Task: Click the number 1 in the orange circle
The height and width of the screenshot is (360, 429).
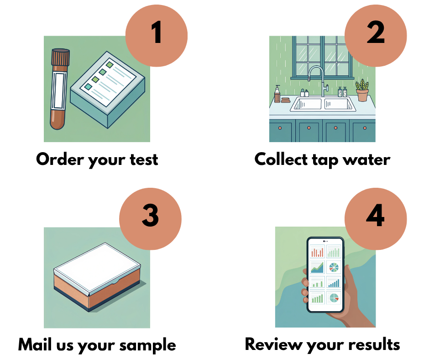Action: click(x=157, y=32)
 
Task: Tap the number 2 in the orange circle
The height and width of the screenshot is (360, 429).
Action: click(x=376, y=32)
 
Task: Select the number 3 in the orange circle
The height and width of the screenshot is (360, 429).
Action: click(x=150, y=215)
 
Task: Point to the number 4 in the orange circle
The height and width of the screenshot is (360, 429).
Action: click(x=375, y=215)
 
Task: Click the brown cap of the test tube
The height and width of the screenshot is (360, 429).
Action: click(x=61, y=57)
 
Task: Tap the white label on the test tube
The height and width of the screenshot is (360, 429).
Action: click(x=59, y=90)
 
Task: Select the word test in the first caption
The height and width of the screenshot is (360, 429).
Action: click(x=144, y=160)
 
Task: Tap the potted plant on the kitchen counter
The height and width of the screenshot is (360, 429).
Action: click(x=362, y=90)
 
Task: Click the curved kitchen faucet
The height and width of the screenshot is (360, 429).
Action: click(x=317, y=79)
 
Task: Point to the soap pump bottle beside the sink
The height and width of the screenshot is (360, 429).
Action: click(x=277, y=94)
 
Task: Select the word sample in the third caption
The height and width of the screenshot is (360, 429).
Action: click(x=148, y=346)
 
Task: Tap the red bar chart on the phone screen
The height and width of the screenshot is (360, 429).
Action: click(x=317, y=251)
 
